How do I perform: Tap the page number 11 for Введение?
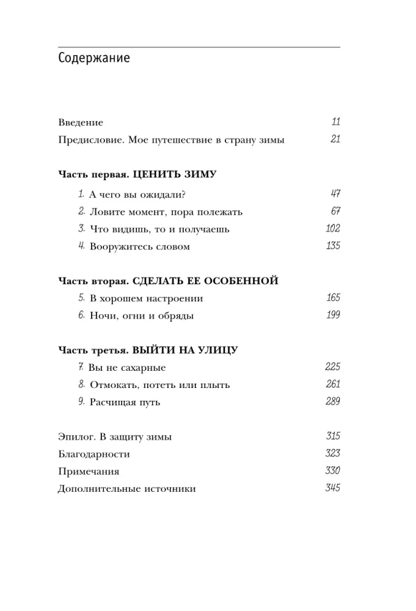point(335,122)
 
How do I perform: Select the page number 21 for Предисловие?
point(335,139)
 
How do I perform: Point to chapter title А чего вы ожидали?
point(137,195)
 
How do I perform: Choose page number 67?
point(335,211)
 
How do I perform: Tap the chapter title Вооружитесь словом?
point(139,247)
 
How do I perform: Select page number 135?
point(333,246)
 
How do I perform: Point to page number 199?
point(333,315)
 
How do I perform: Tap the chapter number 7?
point(81,367)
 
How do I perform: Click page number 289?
point(333,402)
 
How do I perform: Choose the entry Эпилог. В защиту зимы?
point(115,437)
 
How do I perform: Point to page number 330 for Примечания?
point(333,471)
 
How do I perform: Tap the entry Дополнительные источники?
point(127,489)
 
